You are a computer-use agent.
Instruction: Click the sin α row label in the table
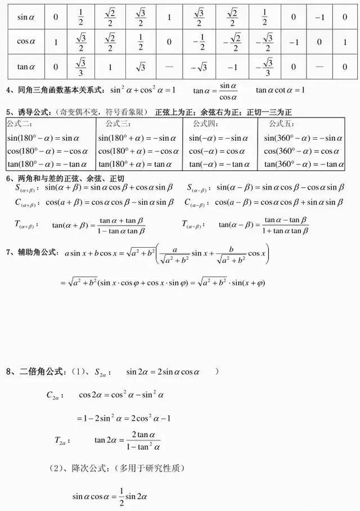coord(26,17)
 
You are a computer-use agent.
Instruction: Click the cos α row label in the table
coord(26,42)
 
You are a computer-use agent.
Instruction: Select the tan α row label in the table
coord(26,66)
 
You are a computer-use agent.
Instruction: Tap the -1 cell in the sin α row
coord(319,17)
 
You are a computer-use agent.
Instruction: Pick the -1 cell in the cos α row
coord(294,42)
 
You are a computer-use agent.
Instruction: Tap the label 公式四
coord(205,123)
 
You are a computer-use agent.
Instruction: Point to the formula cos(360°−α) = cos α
coord(303,151)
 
